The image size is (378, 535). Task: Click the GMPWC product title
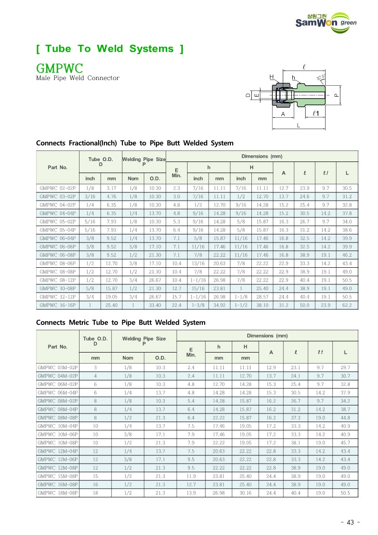coord(60,67)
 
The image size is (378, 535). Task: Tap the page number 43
coord(350,522)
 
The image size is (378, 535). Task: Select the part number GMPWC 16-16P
coord(58,304)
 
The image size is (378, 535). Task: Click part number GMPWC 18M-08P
coord(58,492)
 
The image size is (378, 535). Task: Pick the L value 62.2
coord(347,304)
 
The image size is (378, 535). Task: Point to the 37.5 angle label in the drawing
coord(321,77)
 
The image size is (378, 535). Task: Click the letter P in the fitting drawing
coord(336,95)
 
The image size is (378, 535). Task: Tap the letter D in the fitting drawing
coord(248,95)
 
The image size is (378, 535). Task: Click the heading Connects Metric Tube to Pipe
coord(121,323)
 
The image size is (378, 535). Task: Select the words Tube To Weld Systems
coord(109,49)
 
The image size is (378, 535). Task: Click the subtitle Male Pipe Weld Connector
coord(78,78)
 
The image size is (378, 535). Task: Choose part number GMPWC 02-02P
coord(58,188)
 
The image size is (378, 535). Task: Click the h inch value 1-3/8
coord(198,304)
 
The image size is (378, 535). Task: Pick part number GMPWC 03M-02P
coord(58,367)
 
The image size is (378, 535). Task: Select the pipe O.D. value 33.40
coord(155,304)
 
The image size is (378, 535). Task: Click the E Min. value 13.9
coord(191,492)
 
